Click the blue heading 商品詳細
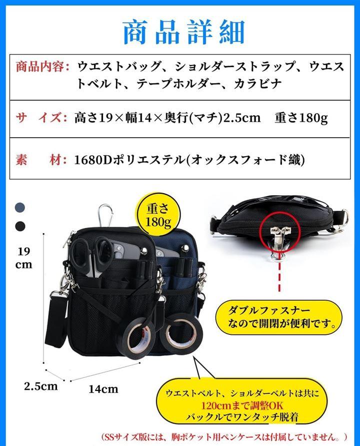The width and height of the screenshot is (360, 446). click(184, 32)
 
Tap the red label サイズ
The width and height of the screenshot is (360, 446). click(41, 118)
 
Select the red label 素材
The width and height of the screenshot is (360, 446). click(41, 160)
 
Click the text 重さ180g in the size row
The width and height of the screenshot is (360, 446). click(301, 118)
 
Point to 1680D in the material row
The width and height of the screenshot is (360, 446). click(93, 160)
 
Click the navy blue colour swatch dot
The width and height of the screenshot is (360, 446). click(20, 207)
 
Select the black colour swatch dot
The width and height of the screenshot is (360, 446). click(20, 226)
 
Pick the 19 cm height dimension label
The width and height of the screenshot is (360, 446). click(23, 258)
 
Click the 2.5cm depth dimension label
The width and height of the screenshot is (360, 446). click(40, 386)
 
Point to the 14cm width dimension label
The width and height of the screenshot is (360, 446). click(103, 389)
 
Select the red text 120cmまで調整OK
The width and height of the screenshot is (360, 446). click(242, 405)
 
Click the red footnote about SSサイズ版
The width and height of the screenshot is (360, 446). click(224, 436)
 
